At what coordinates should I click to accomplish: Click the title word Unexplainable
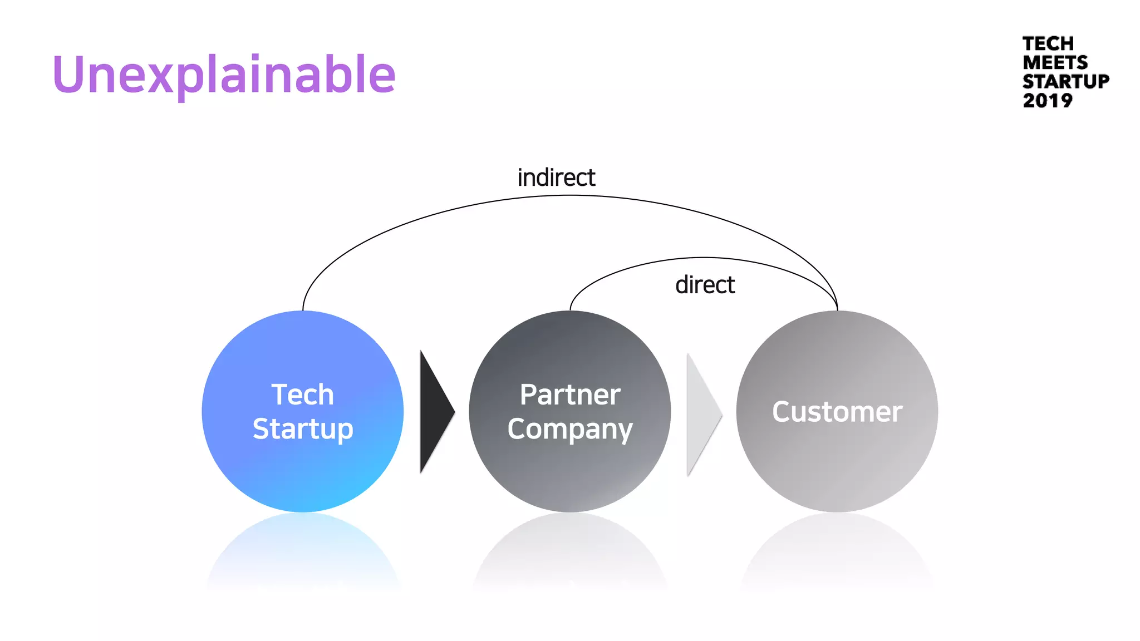(x=224, y=75)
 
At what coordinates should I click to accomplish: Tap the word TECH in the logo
(x=1048, y=43)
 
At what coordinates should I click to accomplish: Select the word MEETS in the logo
(x=1055, y=62)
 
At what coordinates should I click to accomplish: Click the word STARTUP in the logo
(x=1065, y=81)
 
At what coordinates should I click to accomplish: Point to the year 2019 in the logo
(x=1047, y=101)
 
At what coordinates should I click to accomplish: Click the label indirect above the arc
(x=556, y=178)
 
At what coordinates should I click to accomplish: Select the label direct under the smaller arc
(x=705, y=285)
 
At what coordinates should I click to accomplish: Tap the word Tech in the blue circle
(x=302, y=395)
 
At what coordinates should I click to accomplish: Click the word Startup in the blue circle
(x=303, y=429)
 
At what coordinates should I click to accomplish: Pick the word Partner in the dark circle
(x=570, y=395)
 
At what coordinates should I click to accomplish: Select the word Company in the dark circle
(x=570, y=430)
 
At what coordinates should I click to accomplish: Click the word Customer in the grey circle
(x=837, y=412)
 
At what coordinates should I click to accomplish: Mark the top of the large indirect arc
(x=570, y=196)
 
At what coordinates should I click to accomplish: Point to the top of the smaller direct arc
(x=704, y=258)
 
